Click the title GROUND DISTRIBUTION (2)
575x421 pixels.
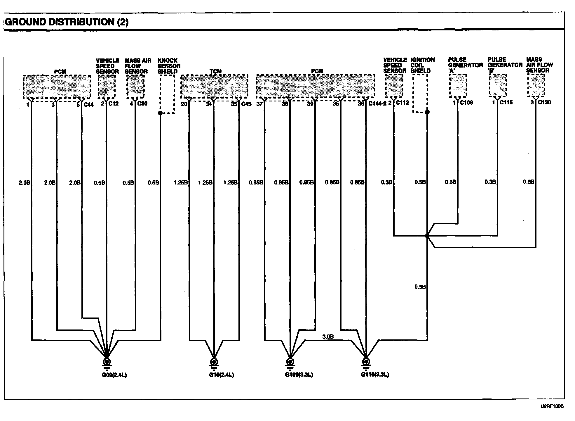(x=67, y=22)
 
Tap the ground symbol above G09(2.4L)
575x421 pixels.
(x=107, y=363)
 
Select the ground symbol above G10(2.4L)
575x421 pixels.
(x=214, y=363)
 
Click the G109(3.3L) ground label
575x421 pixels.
(x=299, y=375)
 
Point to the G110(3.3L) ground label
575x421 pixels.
(x=375, y=375)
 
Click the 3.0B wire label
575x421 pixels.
(x=328, y=337)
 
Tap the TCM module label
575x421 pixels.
(x=215, y=71)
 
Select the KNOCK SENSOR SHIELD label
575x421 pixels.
(x=169, y=66)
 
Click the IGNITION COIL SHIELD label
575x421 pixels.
(x=422, y=65)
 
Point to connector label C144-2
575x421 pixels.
(x=377, y=103)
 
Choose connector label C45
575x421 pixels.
(x=246, y=104)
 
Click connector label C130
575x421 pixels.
(x=544, y=102)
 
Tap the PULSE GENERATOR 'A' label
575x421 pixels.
(x=465, y=65)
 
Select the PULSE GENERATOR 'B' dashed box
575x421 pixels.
(x=497, y=85)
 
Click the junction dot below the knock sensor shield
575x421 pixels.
(x=160, y=113)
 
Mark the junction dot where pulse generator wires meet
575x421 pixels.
(x=427, y=236)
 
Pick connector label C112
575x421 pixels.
(x=402, y=103)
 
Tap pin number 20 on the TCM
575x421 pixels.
(x=184, y=104)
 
